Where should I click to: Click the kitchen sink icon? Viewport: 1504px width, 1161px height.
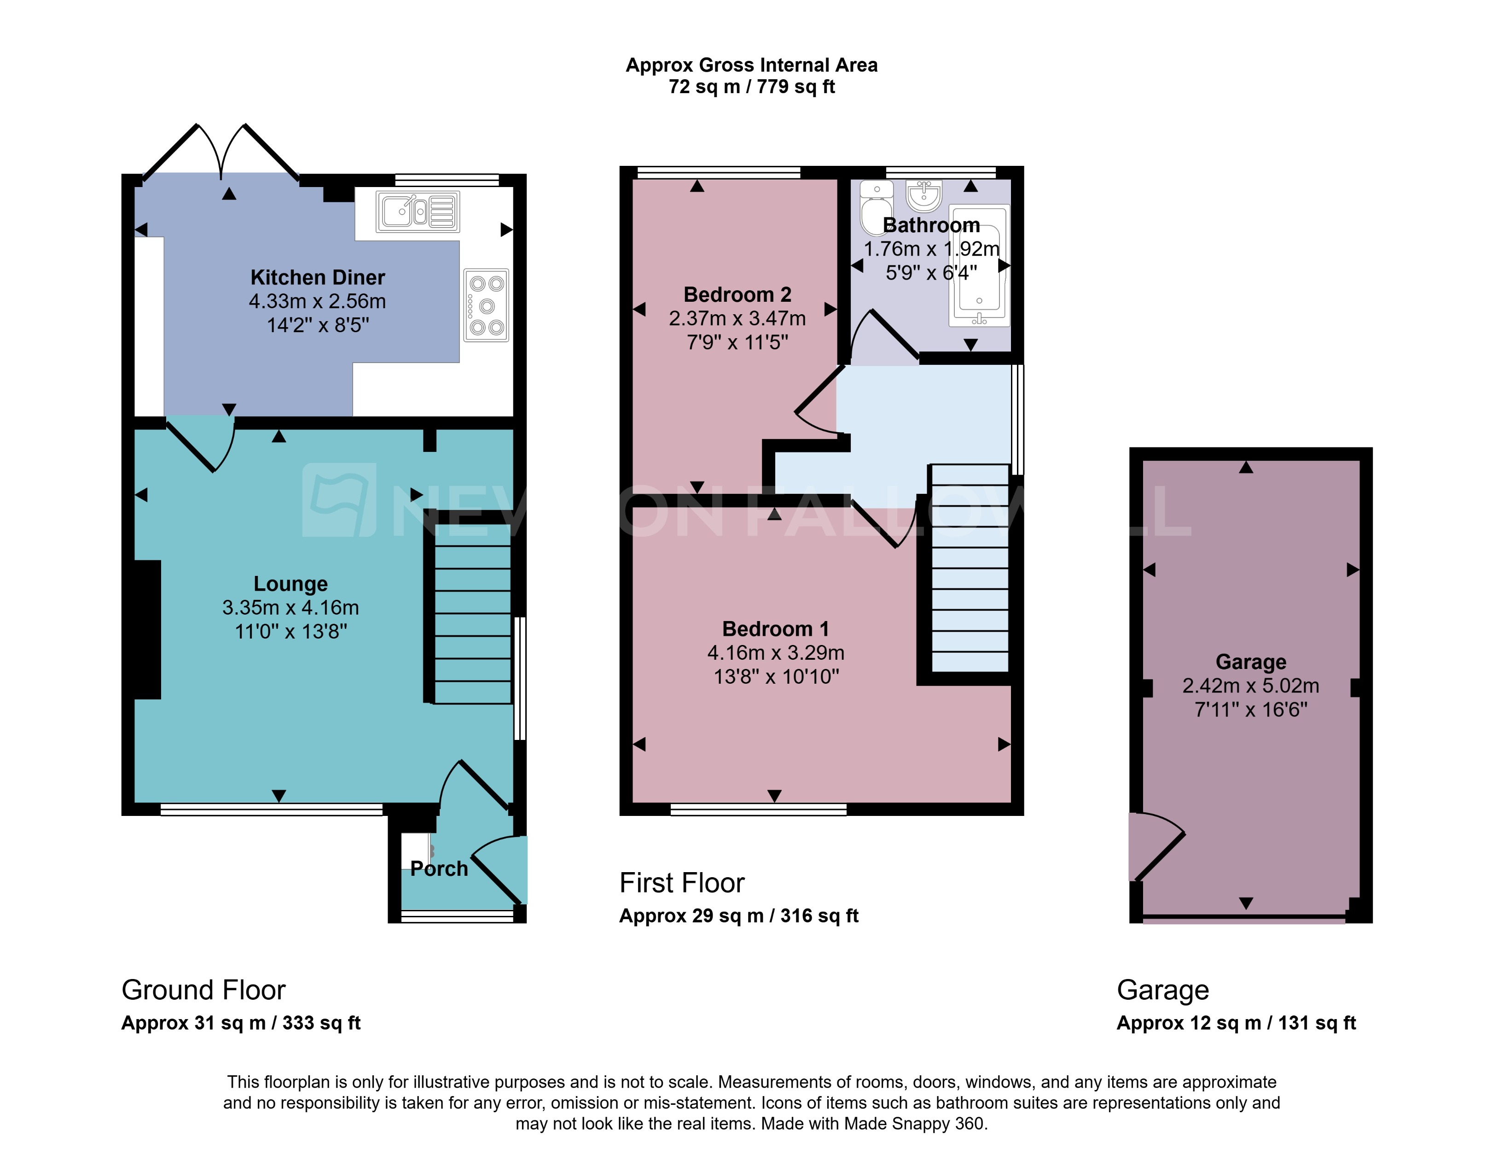418,211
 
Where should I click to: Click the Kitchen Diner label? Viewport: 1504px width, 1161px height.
318,277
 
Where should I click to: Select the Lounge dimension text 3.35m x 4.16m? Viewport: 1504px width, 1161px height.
290,607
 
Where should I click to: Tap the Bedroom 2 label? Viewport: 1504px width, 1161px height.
737,294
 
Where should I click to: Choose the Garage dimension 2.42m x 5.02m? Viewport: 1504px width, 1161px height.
1251,686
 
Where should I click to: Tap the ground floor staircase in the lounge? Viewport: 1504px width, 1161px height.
472,613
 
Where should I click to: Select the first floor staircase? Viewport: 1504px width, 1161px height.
970,569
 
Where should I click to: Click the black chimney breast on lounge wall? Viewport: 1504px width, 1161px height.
147,629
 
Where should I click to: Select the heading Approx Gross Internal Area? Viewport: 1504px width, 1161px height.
751,65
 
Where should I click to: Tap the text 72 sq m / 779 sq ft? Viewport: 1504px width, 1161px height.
751,87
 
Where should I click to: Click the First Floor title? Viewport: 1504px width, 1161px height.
682,883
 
